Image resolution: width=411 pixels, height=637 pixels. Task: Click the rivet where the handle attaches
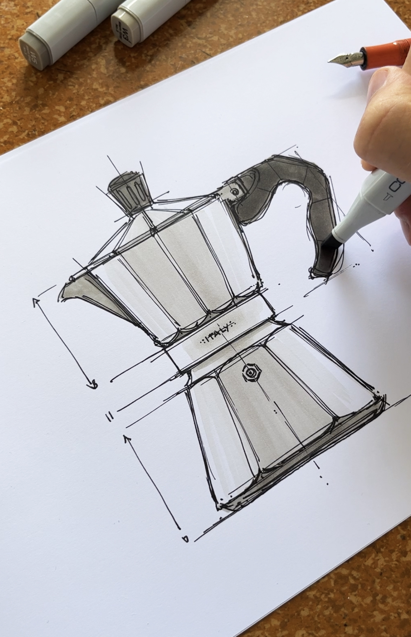pos(234,191)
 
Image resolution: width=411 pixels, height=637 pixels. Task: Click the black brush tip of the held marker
pos(328,244)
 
